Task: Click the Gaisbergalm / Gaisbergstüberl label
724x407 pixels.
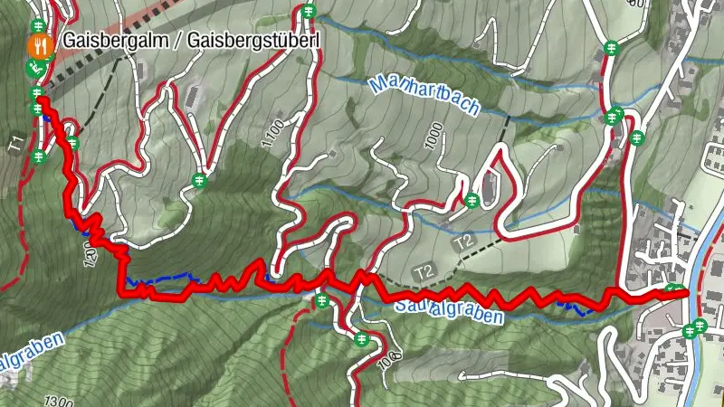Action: (191, 41)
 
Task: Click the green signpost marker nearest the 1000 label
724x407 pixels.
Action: (472, 200)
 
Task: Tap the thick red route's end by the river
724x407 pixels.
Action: (683, 292)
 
